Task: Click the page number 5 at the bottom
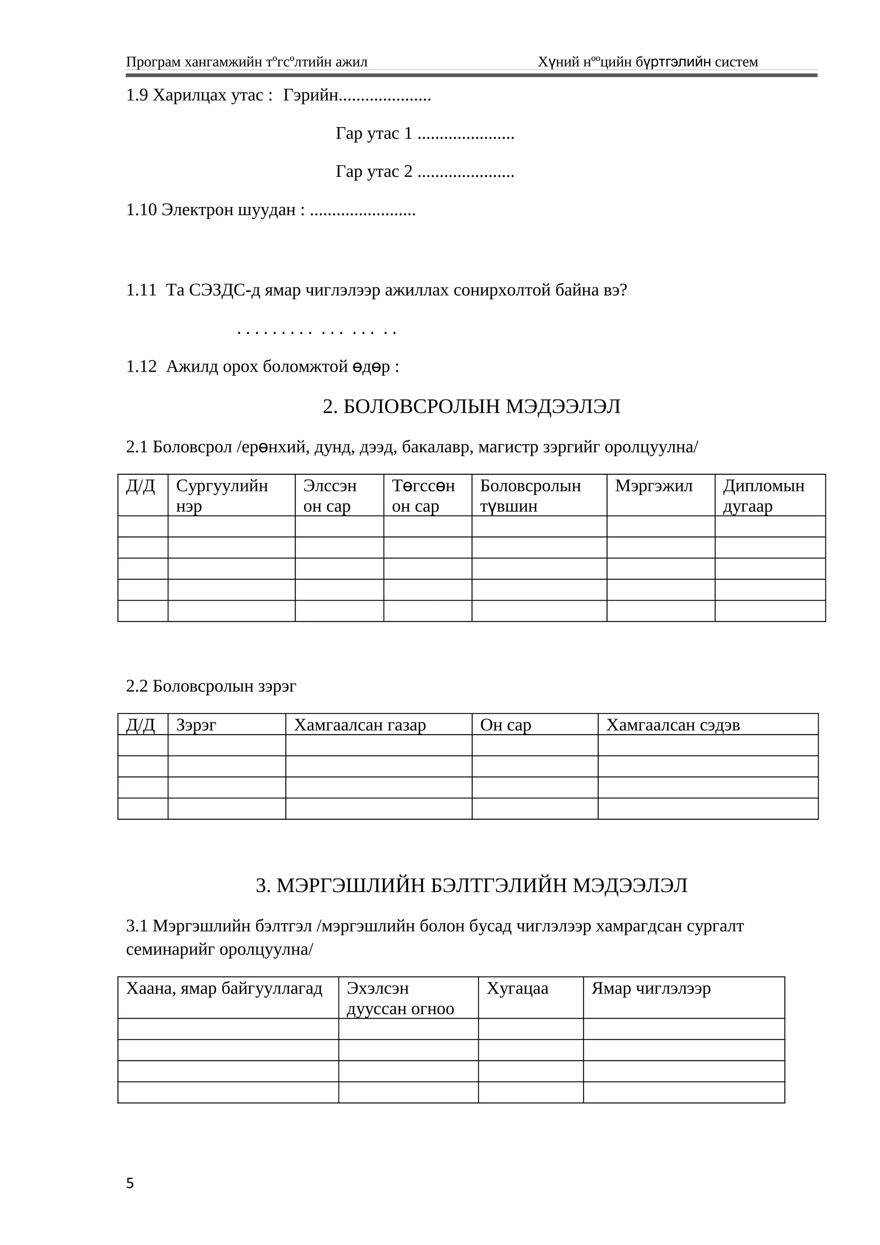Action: coord(130,1183)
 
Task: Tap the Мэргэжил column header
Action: coord(654,486)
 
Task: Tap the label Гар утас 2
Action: coord(374,171)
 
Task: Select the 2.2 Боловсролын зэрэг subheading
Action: coord(211,686)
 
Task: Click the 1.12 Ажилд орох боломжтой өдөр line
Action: coord(263,366)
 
